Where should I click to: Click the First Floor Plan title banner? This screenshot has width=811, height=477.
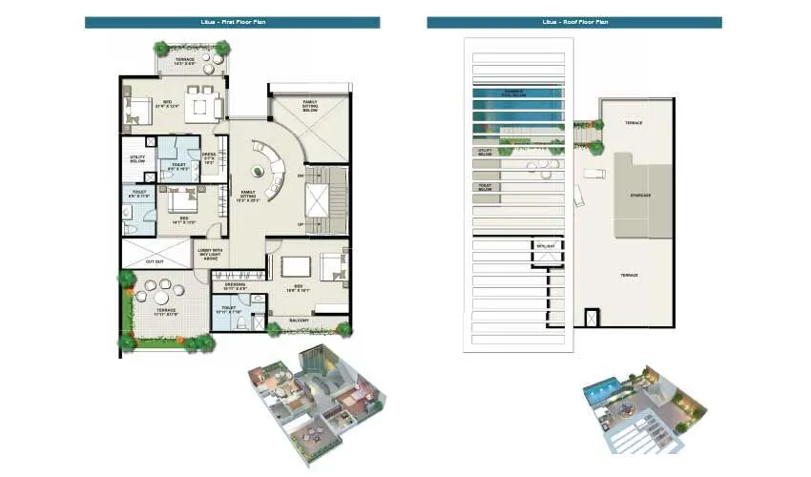tap(232, 22)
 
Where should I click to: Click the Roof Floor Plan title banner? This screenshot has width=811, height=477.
tap(573, 22)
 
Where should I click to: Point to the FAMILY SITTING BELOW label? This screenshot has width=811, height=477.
tap(311, 106)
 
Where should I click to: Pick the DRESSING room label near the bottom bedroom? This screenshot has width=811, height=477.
tap(236, 286)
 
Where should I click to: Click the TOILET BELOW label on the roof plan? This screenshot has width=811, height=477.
tap(485, 188)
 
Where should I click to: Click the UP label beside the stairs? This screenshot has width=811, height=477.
tap(300, 225)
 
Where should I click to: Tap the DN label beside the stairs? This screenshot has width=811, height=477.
tap(300, 176)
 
